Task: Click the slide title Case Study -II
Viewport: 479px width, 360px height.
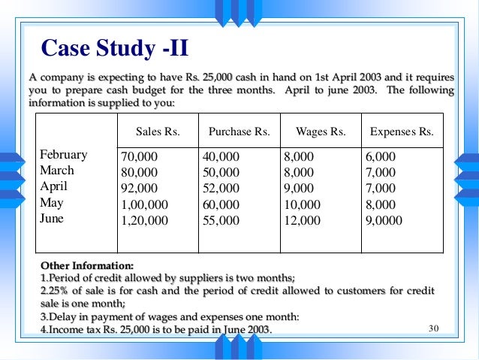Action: (x=114, y=49)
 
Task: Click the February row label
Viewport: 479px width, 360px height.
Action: (x=63, y=156)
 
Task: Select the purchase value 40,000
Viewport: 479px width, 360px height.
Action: (x=221, y=156)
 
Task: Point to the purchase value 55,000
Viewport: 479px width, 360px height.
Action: (x=221, y=220)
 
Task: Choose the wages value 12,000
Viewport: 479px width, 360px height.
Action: (x=303, y=220)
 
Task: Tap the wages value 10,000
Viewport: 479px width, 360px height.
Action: (x=303, y=204)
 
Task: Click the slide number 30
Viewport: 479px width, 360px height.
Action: (x=432, y=328)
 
